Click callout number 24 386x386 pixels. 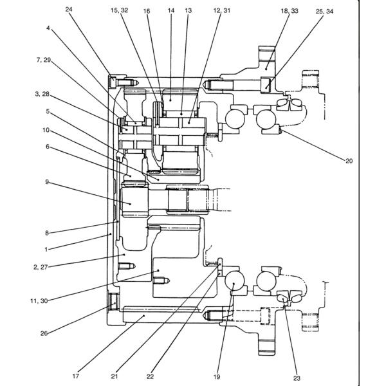coord(69,10)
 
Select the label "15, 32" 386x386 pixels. coord(120,10)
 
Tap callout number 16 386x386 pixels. coord(147,11)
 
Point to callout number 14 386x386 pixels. coord(171,10)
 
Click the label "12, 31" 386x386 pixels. coord(222,10)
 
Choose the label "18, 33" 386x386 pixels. coord(289,11)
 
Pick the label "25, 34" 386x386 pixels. coord(324,12)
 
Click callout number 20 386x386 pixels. coord(349,161)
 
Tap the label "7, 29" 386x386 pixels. coord(44,60)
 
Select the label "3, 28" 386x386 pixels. coord(42,94)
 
